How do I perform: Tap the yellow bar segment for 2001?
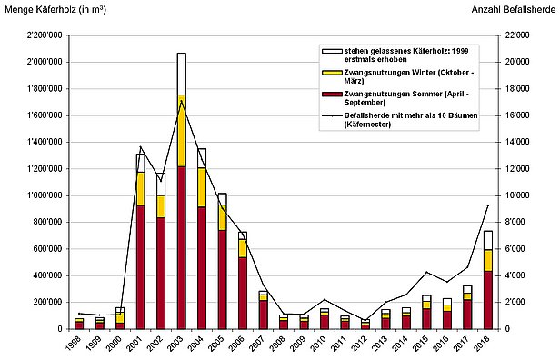click(141, 188)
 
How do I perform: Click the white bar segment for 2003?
click(182, 74)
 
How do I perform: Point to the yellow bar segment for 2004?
click(202, 187)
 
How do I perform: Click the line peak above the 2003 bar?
click(182, 101)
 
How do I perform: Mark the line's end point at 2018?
click(488, 205)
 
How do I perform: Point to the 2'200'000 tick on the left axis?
click(39, 35)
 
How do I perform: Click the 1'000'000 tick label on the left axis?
click(39, 195)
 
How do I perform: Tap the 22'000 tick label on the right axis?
click(515, 35)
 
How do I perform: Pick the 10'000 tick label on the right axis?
click(515, 195)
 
